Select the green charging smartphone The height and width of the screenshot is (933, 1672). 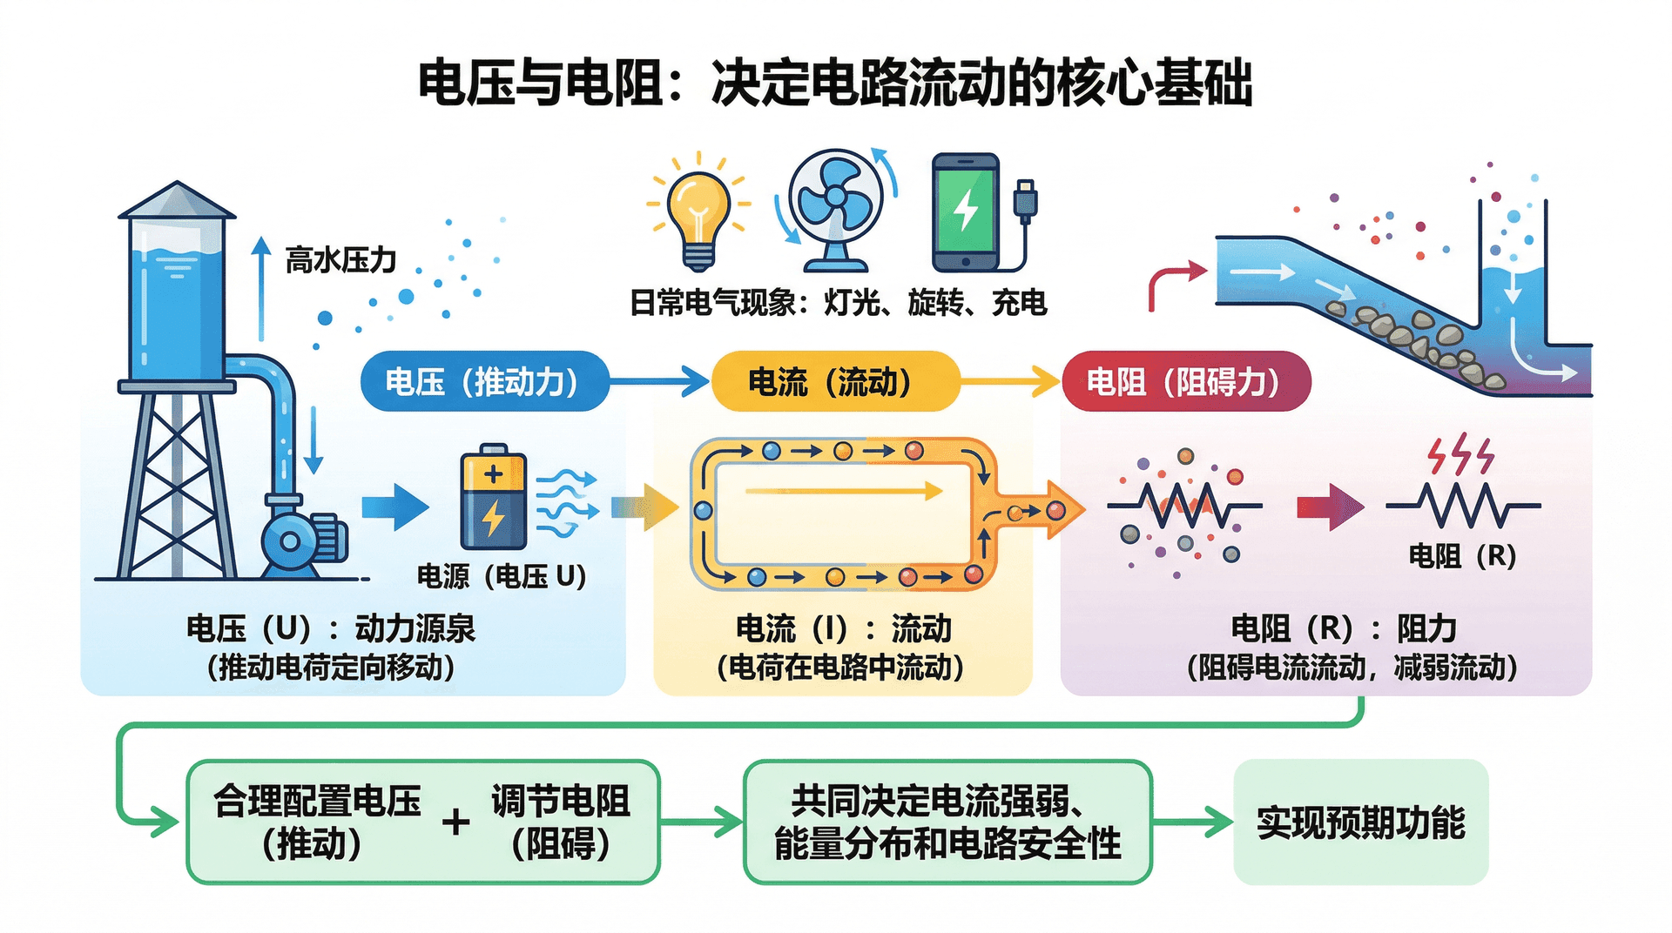click(x=966, y=213)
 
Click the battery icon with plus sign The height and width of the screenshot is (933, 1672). click(x=493, y=497)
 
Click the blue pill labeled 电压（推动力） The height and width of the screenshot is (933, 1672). click(x=484, y=381)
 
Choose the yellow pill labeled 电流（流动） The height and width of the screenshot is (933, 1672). click(x=835, y=381)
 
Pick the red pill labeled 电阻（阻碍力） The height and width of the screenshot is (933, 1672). click(x=1186, y=381)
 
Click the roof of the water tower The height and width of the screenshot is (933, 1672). click(x=177, y=200)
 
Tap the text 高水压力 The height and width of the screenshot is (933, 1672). click(x=340, y=259)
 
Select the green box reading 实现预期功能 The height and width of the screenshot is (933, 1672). click(x=1360, y=822)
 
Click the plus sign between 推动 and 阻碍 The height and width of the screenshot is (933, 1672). click(x=455, y=822)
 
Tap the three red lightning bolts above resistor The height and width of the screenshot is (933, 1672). click(x=1460, y=454)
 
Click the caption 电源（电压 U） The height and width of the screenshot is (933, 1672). click(x=501, y=576)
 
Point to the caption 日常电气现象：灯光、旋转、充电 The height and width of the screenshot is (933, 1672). click(x=838, y=303)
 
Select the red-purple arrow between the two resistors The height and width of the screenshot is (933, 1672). click(x=1329, y=507)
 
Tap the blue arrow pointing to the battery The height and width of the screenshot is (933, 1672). click(x=394, y=507)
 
